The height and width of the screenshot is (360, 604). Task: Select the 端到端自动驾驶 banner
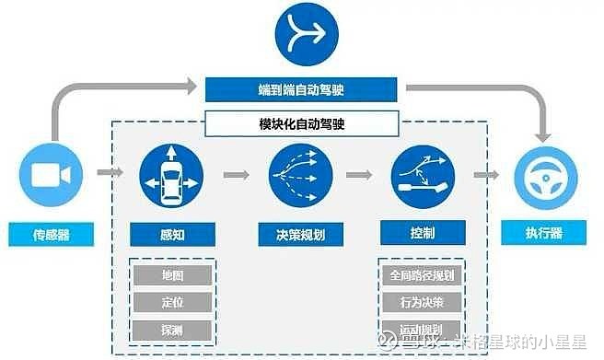coord(301,89)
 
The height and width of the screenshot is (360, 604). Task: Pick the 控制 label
coord(424,234)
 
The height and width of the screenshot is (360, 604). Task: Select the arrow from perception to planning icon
coord(236,172)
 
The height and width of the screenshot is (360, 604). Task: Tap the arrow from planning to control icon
coord(359,172)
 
